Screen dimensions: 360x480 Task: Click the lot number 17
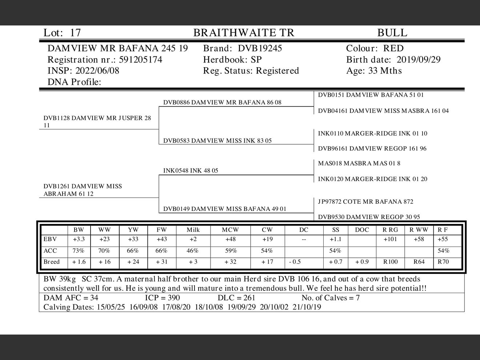click(75, 33)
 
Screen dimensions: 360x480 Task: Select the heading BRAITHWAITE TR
click(243, 33)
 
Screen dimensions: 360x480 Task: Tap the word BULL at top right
click(392, 33)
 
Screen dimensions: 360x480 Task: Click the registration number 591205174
click(140, 60)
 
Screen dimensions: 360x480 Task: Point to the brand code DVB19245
click(260, 48)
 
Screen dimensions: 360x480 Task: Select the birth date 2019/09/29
click(418, 60)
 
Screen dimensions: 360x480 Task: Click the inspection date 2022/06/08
click(97, 71)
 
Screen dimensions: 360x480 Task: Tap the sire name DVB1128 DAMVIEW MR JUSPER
click(97, 118)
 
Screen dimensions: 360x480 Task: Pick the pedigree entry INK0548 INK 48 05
click(191, 171)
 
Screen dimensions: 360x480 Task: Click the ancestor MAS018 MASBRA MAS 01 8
click(359, 163)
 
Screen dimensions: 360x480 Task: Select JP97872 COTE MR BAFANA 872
click(365, 201)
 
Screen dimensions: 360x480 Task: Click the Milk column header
click(193, 230)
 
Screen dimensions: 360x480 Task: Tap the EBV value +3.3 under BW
click(79, 239)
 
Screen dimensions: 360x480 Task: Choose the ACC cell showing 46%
click(192, 251)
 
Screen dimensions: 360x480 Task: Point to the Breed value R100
click(390, 262)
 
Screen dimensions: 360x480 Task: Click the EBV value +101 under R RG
click(390, 239)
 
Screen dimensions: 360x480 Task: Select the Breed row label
click(52, 262)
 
